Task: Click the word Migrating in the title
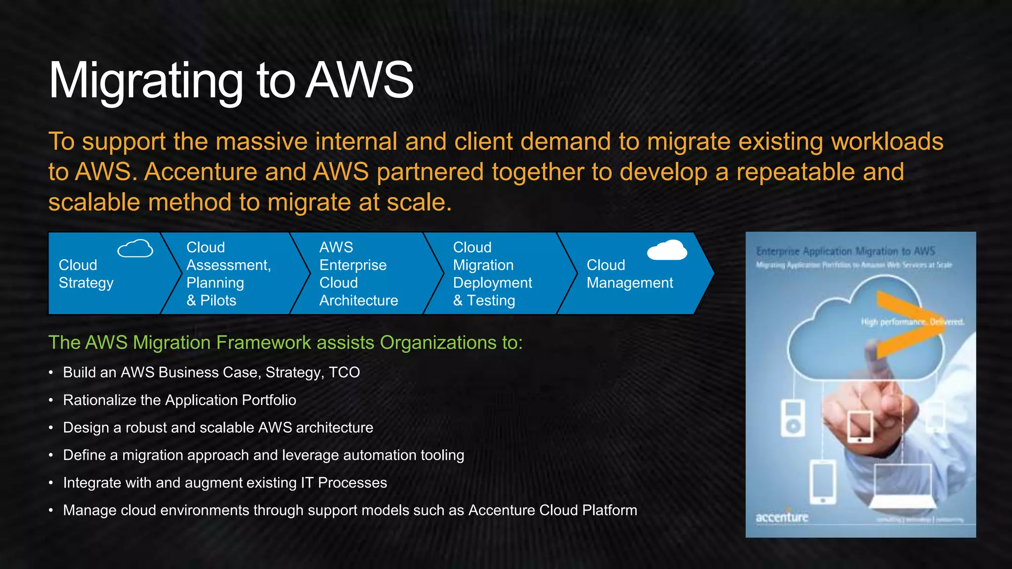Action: (x=146, y=81)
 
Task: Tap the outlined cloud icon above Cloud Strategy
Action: (x=135, y=248)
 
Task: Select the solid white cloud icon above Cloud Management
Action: (x=667, y=250)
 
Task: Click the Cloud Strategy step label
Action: (x=86, y=274)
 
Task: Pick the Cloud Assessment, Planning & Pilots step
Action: (x=228, y=274)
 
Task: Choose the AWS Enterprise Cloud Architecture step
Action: (x=358, y=274)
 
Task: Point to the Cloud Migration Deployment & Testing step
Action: (x=492, y=274)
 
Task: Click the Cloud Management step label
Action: (x=630, y=274)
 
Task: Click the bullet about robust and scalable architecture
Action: (x=218, y=428)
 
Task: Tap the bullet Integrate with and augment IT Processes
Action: (x=225, y=483)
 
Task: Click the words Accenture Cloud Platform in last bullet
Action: (x=552, y=510)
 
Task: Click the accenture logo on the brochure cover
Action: (x=782, y=518)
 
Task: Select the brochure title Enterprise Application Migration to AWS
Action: (x=845, y=251)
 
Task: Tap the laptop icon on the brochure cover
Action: (x=902, y=487)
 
